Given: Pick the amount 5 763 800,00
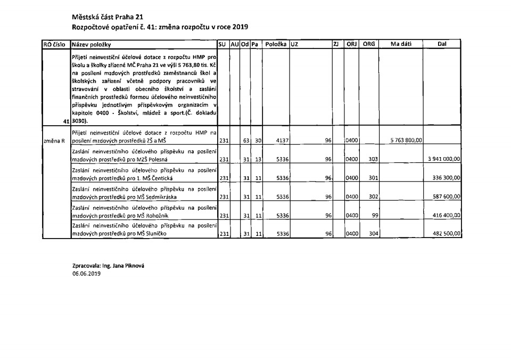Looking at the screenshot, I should coord(406,141).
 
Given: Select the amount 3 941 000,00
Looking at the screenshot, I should coord(444,159).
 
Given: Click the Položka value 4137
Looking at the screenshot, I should coord(282,141).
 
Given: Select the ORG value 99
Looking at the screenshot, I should coord(375,215).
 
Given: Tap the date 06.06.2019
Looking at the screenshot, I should coord(86,274).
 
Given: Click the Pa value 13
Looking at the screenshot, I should coord(257,159).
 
